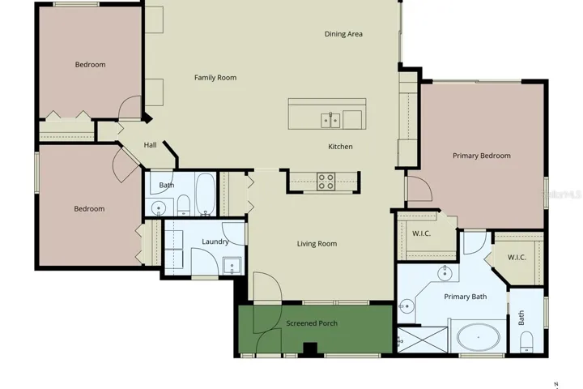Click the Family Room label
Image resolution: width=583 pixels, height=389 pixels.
(x=215, y=78)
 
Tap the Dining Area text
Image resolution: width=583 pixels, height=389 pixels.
(x=343, y=34)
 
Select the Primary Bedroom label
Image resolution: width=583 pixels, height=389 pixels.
(x=482, y=156)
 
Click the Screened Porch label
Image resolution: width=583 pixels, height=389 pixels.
(x=312, y=323)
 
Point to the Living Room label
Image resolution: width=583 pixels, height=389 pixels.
(x=317, y=244)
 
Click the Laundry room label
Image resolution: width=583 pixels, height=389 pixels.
(x=215, y=242)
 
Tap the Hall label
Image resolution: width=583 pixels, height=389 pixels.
(x=151, y=145)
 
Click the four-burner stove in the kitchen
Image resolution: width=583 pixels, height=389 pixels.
(x=326, y=182)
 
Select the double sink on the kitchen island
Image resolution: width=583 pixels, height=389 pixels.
(x=330, y=121)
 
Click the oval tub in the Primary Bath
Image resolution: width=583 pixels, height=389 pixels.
(x=479, y=337)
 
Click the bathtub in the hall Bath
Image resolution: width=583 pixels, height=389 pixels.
(x=206, y=194)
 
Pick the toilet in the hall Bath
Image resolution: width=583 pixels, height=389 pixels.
(x=184, y=206)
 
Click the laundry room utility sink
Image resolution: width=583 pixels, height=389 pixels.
(x=232, y=266)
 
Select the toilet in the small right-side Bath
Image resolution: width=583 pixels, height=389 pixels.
(x=526, y=342)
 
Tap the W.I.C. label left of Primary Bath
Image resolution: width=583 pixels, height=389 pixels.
(x=421, y=233)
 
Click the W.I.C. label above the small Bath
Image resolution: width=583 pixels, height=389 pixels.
(x=517, y=257)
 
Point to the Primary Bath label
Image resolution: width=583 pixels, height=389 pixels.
(x=466, y=297)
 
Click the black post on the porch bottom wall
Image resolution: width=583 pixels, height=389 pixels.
(x=309, y=349)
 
